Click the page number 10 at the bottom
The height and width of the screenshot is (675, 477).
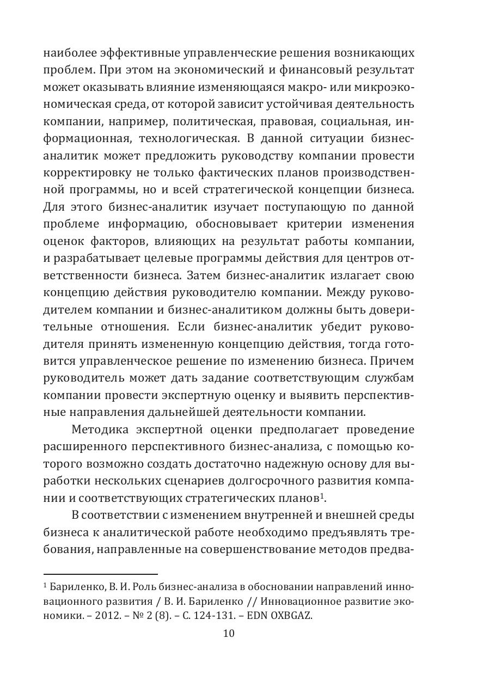coord(229,633)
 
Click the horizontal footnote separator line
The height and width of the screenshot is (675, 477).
coord(100,574)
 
